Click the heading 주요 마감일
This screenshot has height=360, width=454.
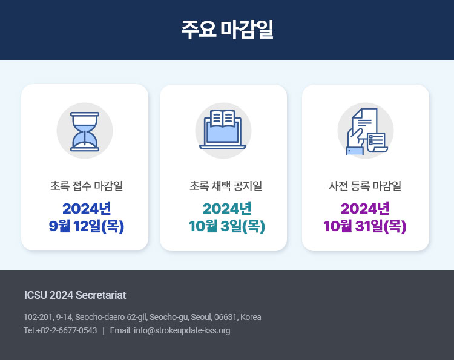click(227, 29)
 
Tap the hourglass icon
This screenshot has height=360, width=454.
click(85, 132)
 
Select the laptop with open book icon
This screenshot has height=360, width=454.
click(223, 129)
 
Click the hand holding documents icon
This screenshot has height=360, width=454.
click(367, 131)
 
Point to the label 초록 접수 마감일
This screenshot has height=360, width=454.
click(87, 186)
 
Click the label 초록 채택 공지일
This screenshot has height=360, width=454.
click(226, 186)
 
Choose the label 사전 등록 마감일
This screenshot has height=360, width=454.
click(365, 186)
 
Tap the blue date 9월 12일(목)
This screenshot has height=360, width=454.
click(87, 226)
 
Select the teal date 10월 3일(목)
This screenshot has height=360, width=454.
click(227, 226)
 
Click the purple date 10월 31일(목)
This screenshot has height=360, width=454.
click(365, 226)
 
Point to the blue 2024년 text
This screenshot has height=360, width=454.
click(87, 208)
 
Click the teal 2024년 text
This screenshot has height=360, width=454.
click(227, 208)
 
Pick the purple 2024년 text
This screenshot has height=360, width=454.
click(365, 208)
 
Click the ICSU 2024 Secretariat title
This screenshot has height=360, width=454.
click(75, 295)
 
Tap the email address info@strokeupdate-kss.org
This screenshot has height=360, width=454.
click(182, 330)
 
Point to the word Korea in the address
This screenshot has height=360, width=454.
click(251, 317)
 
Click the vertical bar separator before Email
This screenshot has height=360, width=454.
click(104, 330)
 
